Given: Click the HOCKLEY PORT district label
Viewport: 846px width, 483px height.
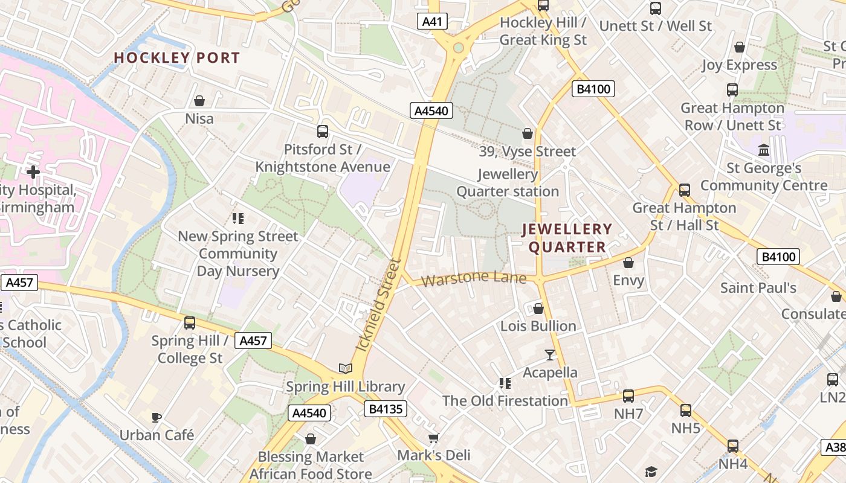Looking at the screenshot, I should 177,58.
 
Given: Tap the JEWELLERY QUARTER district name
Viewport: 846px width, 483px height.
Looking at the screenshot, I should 567,238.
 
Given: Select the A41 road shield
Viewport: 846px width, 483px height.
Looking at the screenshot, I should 432,22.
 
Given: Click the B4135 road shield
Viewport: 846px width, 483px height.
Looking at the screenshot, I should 386,409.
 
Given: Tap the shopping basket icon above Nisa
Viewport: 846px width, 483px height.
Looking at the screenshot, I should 199,101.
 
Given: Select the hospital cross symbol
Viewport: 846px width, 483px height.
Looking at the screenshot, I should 33,172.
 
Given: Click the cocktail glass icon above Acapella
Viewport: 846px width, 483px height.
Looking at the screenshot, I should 550,354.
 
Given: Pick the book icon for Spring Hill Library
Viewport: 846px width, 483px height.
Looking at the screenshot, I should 345,368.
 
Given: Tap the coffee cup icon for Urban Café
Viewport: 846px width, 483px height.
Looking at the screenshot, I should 157,417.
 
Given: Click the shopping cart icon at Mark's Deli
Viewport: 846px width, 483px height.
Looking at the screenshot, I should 433,438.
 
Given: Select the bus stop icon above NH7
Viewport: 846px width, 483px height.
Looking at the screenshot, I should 628,396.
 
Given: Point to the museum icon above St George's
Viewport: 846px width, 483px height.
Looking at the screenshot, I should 764,150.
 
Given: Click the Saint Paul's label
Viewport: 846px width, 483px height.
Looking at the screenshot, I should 758,287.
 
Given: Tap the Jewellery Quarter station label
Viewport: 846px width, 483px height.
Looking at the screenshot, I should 508,183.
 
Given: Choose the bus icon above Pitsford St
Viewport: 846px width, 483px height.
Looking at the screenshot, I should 323,131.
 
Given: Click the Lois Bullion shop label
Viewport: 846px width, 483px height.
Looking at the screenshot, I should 538,326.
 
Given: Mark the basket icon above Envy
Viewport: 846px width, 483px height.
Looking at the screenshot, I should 628,263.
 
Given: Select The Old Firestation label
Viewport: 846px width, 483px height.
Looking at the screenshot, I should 505,401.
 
